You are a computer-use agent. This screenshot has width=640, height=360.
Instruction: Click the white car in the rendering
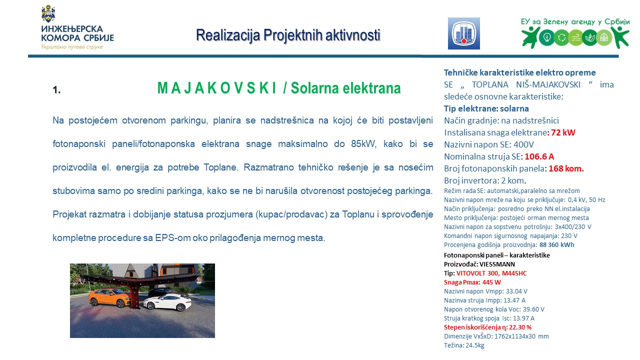point(167,303)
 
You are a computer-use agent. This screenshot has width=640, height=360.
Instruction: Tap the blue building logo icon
point(463,33)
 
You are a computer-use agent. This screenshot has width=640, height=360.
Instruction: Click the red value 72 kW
point(563,132)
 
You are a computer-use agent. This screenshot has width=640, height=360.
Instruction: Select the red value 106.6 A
point(539,156)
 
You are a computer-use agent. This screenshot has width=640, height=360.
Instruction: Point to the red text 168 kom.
point(566,168)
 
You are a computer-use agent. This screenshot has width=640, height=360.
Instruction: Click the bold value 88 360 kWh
point(556,245)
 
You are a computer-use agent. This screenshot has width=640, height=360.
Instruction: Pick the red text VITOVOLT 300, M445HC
point(491,273)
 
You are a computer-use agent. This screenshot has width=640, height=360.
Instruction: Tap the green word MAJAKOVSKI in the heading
point(217,88)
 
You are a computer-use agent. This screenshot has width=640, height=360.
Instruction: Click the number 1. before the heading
point(56,90)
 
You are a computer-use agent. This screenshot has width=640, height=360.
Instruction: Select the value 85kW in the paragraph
point(363,143)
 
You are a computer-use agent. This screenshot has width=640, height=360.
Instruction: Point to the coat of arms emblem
point(48,13)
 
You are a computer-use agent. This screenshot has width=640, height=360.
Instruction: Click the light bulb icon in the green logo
point(547,37)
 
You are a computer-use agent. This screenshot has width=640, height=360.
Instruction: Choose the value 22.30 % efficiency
point(520,327)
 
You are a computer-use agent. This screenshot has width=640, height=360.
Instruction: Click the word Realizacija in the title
point(228,35)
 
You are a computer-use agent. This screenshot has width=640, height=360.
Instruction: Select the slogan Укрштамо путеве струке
point(72,47)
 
